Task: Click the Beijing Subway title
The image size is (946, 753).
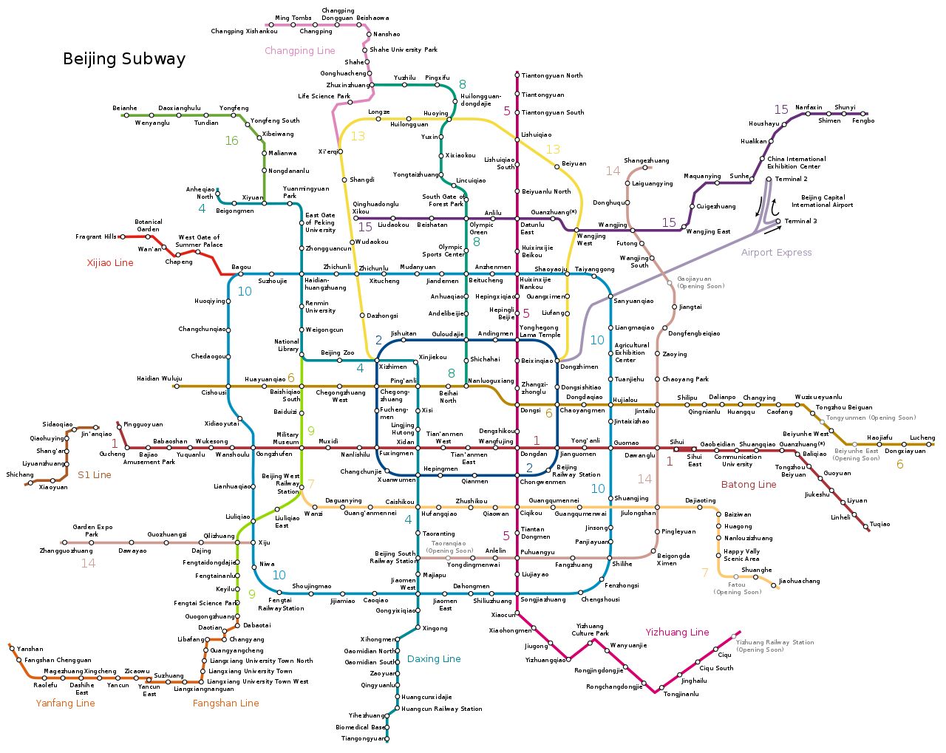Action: tap(124, 59)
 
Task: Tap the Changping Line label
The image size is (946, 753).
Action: tap(300, 51)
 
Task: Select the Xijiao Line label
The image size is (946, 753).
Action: tap(110, 263)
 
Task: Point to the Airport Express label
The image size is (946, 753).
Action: tap(776, 253)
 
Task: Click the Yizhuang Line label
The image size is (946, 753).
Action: tap(677, 633)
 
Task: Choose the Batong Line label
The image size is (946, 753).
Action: tap(749, 485)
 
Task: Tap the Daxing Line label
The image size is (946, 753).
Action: tap(434, 659)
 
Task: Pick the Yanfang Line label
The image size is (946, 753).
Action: tap(65, 703)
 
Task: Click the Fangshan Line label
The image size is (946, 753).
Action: tap(225, 703)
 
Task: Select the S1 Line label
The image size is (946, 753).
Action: tap(95, 475)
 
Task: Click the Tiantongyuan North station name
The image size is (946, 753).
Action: tap(552, 75)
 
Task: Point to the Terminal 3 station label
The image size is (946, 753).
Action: tap(800, 221)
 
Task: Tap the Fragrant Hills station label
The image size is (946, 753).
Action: tap(96, 237)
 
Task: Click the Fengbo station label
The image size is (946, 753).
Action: tap(863, 120)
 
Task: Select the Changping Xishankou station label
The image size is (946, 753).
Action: tap(244, 32)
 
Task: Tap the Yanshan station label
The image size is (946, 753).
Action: tap(30, 649)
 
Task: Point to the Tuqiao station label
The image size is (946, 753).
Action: tap(879, 525)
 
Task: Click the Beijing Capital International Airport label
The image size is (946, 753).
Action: tap(823, 201)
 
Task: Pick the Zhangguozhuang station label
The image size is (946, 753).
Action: tap(67, 551)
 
